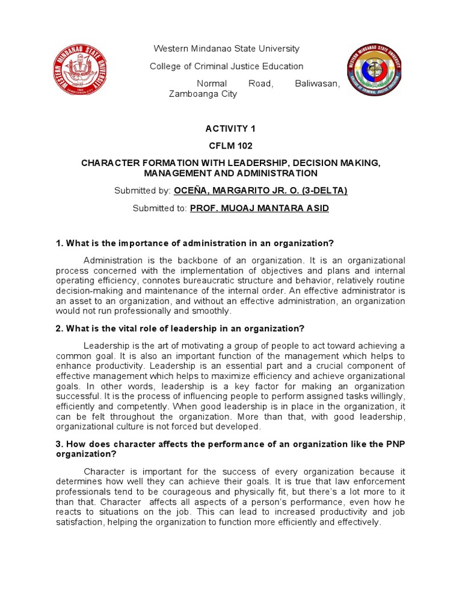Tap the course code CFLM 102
(231, 146)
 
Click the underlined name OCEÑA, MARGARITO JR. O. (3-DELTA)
(260, 191)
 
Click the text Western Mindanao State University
(227, 49)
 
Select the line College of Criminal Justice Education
(226, 66)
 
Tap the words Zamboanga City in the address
(203, 94)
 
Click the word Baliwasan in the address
(317, 84)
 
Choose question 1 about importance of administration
(194, 243)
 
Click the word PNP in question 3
(396, 444)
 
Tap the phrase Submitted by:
(143, 191)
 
